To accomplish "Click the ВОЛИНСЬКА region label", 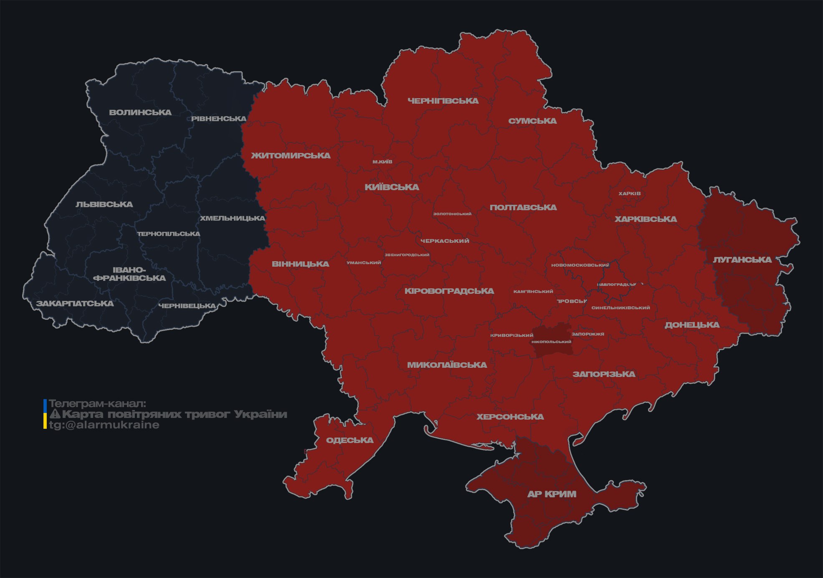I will tap(140, 112).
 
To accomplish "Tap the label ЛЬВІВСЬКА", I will tap(104, 204).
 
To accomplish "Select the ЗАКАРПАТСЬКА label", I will tap(75, 303).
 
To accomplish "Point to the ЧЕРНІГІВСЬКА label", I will tap(443, 101).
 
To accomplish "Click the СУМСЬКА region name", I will tap(532, 121).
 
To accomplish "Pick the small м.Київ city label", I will tap(382, 162).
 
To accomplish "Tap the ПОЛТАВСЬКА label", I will tap(523, 207).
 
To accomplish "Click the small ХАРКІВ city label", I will tap(629, 194).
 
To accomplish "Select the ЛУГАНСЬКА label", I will tap(742, 260).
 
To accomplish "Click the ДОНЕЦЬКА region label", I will tap(692, 325).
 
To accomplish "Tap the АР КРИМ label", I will tap(552, 494).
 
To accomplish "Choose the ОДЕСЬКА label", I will tap(349, 440).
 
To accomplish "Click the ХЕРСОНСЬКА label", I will tap(510, 417).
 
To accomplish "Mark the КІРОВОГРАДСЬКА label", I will tap(449, 291).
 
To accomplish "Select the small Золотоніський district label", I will tap(452, 214).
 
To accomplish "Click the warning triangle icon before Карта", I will tap(55, 414).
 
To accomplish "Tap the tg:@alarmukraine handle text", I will tap(104, 425).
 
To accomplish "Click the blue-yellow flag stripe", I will tap(45, 414).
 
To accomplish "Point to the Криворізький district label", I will tap(512, 335).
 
